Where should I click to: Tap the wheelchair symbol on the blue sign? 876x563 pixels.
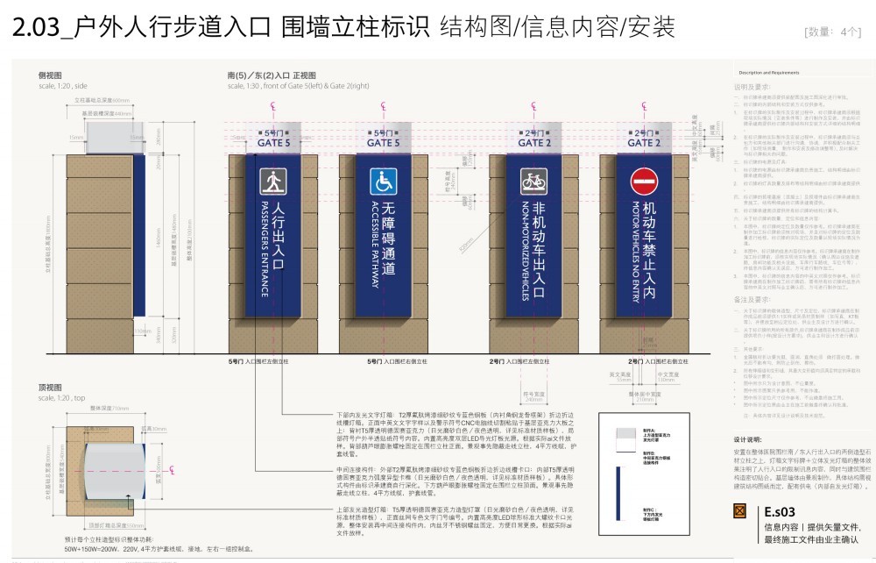coord(383,182)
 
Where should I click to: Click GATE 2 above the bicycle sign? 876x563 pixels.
coord(534,142)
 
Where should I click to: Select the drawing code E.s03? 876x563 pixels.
coord(779,511)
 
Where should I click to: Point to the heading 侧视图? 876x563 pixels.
coord(50,76)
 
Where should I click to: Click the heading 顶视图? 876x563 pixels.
coord(50,386)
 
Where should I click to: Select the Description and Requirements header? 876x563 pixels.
coord(768,72)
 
